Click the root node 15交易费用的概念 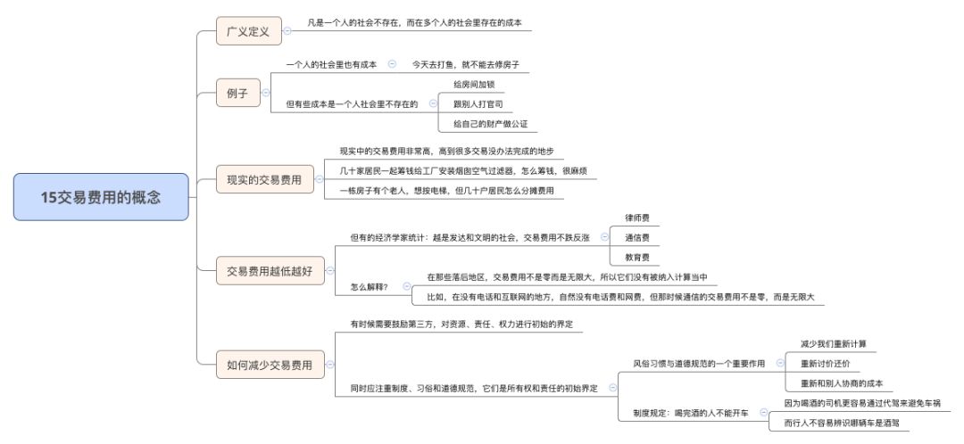point(101,197)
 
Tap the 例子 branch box point(237,93)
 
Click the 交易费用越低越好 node point(269,269)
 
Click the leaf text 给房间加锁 point(473,84)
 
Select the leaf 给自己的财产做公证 point(490,123)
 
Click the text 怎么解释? point(370,286)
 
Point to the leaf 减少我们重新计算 point(833,343)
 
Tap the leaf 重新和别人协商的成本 point(841,383)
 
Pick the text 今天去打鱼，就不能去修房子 point(465,64)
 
